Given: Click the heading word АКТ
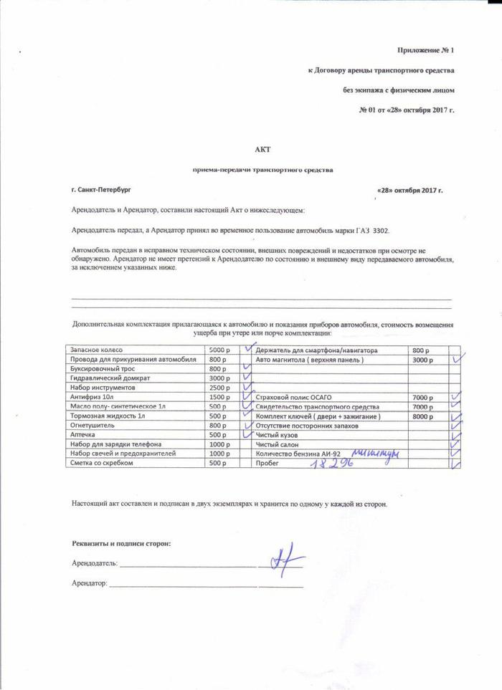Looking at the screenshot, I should point(260,148).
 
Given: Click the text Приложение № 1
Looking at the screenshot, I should point(426,50).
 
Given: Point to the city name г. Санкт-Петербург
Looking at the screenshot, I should point(101,190).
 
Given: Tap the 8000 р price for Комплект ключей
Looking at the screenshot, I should point(422,416).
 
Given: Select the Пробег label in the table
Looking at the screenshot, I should point(267,463).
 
